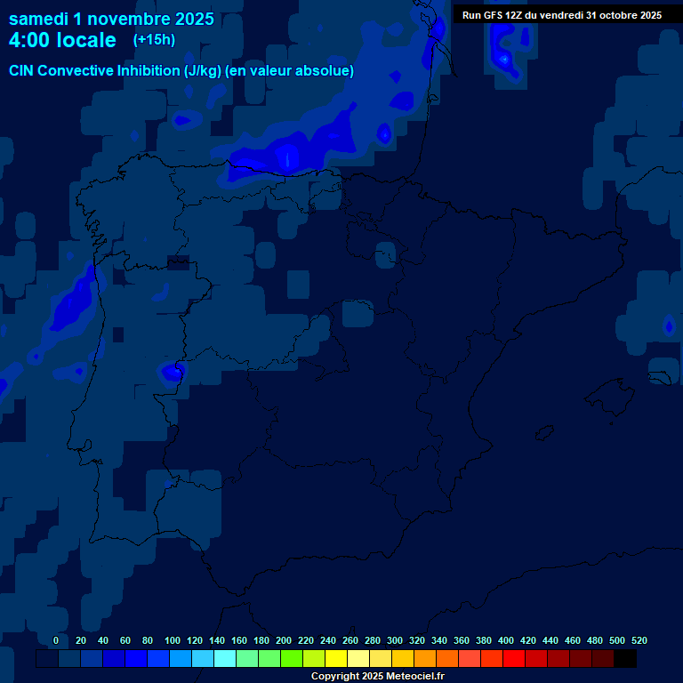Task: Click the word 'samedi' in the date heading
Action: click(39, 19)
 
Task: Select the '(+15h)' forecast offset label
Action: click(154, 39)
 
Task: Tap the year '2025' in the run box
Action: click(646, 15)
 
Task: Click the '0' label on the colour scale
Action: click(56, 640)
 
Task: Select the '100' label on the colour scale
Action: click(173, 640)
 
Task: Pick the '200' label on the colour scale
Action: click(284, 640)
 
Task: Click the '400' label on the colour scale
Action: click(506, 640)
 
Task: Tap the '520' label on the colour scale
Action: click(639, 640)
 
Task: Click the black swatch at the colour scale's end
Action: click(625, 659)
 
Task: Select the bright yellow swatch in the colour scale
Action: click(336, 659)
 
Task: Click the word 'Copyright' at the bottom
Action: click(334, 677)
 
